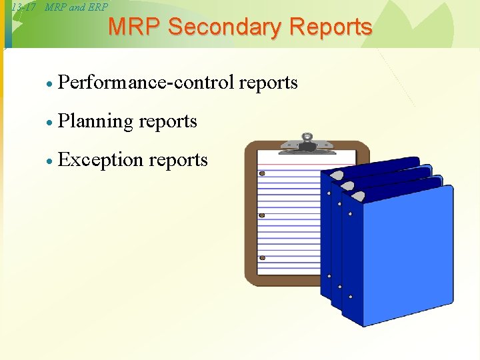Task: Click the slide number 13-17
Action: click(x=23, y=7)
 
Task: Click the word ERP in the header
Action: click(x=97, y=7)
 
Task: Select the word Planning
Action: click(x=95, y=121)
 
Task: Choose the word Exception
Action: click(x=101, y=160)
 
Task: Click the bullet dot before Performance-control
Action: click(x=49, y=84)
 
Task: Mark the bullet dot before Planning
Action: click(x=49, y=123)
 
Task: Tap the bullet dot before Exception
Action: click(x=49, y=161)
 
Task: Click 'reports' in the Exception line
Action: click(x=178, y=161)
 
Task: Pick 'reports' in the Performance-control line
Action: click(x=268, y=82)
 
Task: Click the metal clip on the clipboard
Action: click(x=307, y=143)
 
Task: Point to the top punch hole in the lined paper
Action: click(x=262, y=173)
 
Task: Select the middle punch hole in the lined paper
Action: click(x=262, y=215)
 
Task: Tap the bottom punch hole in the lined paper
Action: click(x=262, y=257)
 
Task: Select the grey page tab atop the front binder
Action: click(x=359, y=195)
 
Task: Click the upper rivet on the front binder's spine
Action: click(x=350, y=215)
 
